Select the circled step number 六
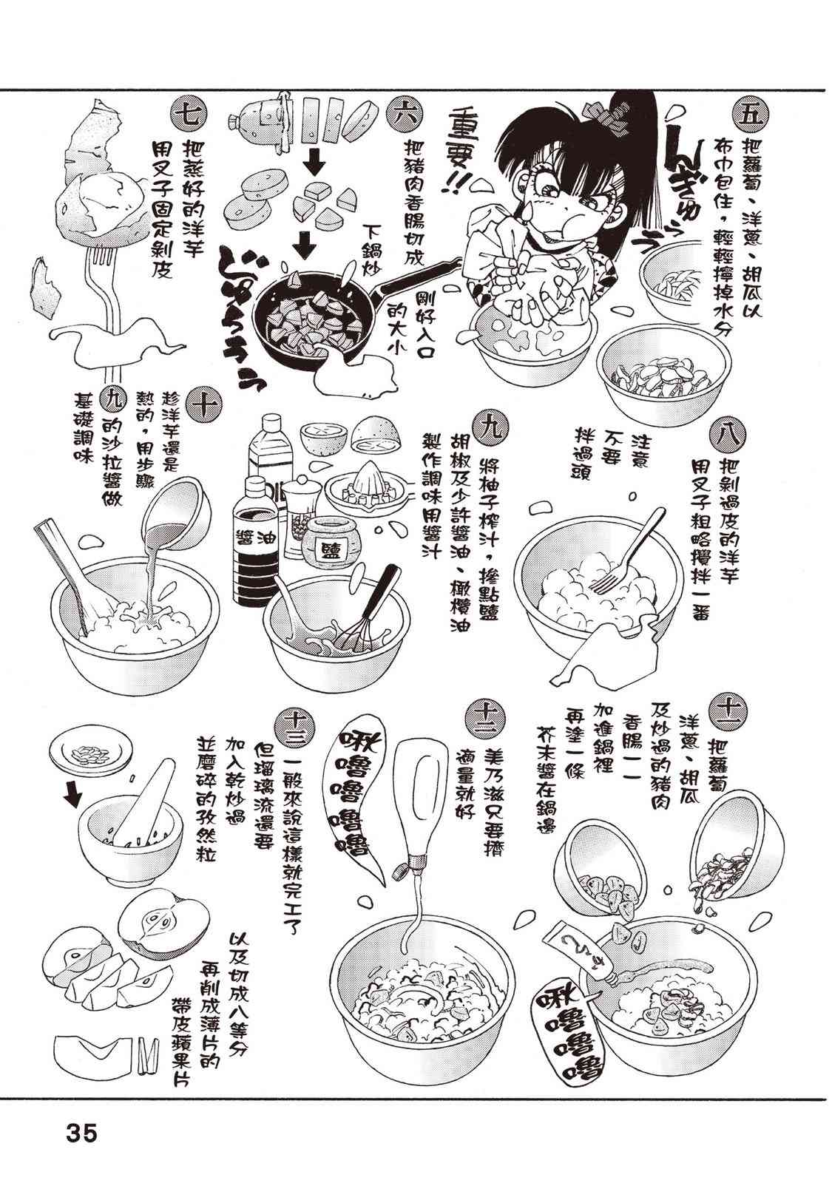coord(403,114)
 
